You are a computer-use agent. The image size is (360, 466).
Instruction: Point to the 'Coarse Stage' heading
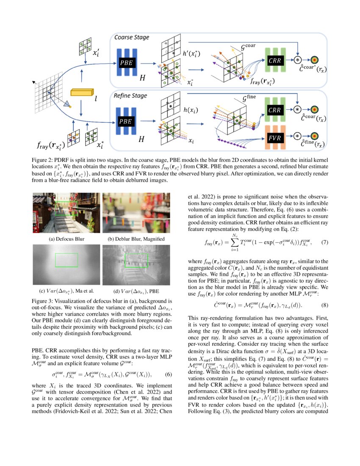pos(132,37)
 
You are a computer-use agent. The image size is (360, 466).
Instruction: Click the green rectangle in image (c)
pos(66,260)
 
